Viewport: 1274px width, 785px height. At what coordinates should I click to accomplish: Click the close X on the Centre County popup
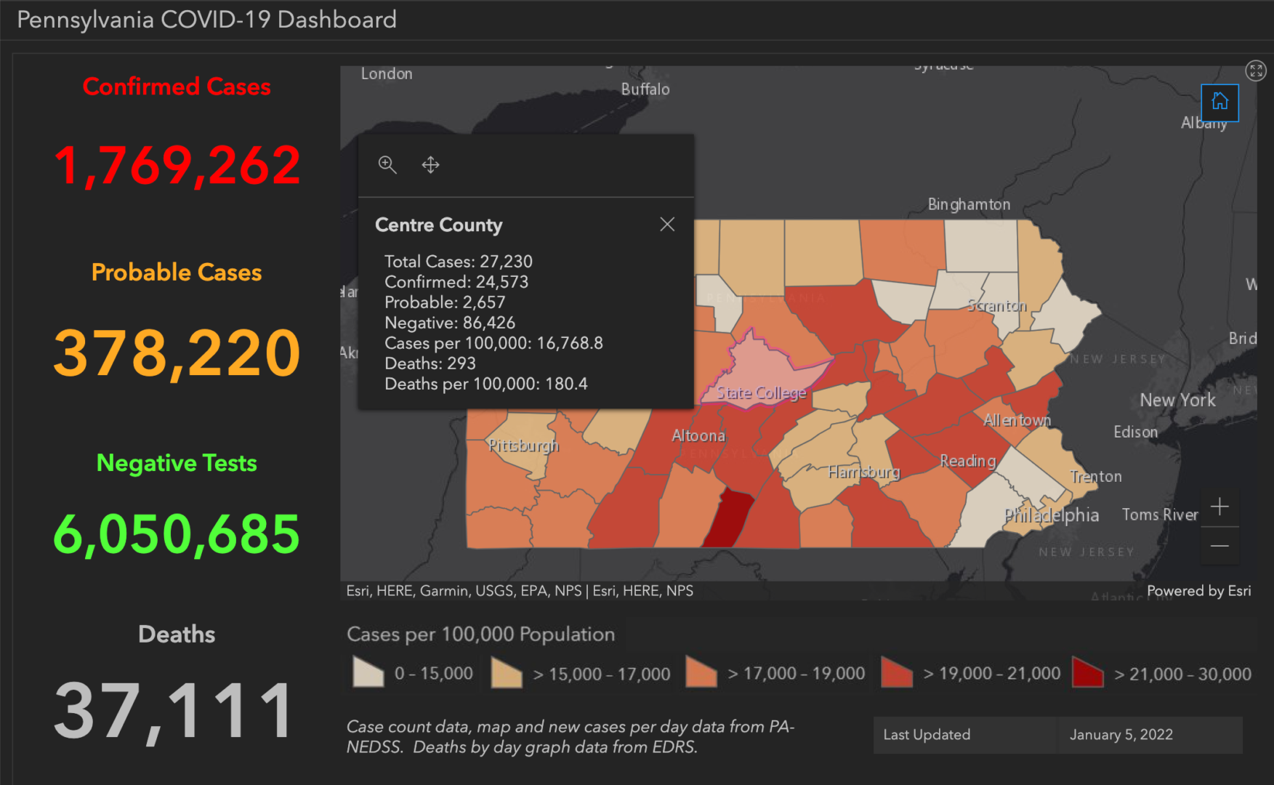tap(667, 224)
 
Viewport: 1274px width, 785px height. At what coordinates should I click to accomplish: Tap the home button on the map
tap(1219, 102)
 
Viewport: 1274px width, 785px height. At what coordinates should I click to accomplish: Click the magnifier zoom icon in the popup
tap(387, 165)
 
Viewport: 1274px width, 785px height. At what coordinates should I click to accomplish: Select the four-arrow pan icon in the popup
tap(430, 165)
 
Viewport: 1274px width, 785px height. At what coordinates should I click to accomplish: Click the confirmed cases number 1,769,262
tap(177, 166)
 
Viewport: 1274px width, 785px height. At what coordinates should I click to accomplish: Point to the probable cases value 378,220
tap(177, 353)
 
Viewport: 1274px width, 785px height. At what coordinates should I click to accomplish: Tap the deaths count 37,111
tap(174, 711)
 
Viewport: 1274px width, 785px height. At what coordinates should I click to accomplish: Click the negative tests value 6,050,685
tap(177, 534)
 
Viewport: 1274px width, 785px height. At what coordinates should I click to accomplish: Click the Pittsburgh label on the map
tap(523, 445)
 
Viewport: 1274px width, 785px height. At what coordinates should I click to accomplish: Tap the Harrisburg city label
tap(863, 472)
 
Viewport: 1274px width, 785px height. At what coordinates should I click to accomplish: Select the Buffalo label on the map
tap(645, 89)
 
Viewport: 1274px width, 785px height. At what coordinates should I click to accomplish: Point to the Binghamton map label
tap(968, 204)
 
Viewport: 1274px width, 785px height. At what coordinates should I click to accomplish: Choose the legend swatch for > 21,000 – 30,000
tap(1087, 673)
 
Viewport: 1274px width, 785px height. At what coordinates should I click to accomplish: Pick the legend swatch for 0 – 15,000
tap(368, 672)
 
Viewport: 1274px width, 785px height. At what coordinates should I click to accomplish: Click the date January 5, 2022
tap(1121, 734)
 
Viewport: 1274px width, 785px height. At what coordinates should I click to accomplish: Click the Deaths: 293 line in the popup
tap(430, 363)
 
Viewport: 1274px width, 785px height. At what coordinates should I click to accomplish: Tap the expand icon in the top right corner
tap(1255, 71)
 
